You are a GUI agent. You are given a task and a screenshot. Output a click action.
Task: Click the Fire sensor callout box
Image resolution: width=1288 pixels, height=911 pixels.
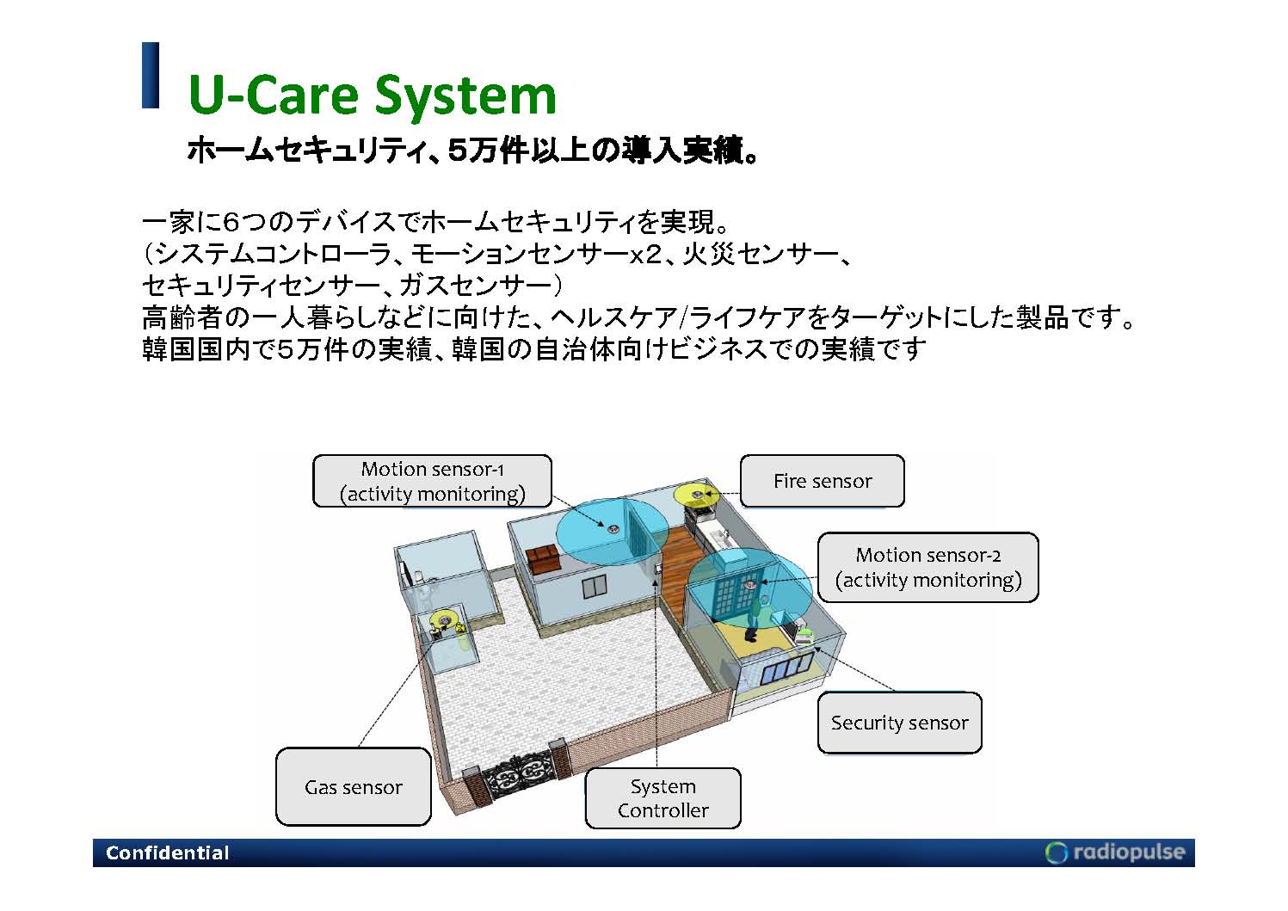pos(822,481)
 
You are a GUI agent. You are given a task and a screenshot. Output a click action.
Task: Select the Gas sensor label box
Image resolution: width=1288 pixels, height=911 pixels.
pos(353,786)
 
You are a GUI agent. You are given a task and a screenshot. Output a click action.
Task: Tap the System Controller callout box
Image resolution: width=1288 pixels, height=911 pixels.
pos(662,798)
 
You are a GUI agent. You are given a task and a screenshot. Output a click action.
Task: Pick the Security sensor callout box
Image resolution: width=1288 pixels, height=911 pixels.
pos(899,723)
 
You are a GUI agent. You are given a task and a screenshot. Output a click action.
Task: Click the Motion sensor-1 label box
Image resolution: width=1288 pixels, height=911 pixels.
pos(432,481)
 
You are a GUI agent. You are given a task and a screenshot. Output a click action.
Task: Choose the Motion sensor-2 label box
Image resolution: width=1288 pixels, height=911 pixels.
pos(927,567)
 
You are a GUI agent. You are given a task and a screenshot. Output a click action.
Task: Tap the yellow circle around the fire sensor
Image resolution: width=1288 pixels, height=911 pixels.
pos(695,495)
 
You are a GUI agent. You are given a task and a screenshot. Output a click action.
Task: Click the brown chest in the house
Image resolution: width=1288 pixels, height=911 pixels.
pos(543,558)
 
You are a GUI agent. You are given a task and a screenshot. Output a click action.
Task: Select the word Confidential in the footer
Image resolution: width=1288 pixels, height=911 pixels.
pos(168,853)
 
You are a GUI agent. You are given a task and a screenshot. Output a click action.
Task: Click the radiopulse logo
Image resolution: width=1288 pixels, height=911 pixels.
pos(1115,852)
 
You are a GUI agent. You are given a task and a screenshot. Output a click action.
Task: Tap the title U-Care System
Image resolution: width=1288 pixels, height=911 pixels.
pos(372,94)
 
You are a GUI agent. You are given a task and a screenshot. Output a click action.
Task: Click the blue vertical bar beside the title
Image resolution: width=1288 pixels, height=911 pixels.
pos(151,75)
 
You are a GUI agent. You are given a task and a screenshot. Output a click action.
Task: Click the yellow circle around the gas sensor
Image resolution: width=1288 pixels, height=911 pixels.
pos(442,619)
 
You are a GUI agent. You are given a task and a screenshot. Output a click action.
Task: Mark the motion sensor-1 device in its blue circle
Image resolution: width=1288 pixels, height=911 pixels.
pos(613,529)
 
